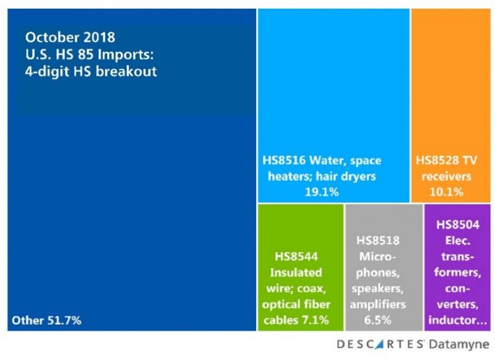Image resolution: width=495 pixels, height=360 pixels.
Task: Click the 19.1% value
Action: point(321,192)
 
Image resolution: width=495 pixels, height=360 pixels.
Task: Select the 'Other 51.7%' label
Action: point(46,320)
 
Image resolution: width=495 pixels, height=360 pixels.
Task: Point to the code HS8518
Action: point(378,240)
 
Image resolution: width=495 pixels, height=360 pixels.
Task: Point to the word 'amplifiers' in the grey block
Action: point(377,304)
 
